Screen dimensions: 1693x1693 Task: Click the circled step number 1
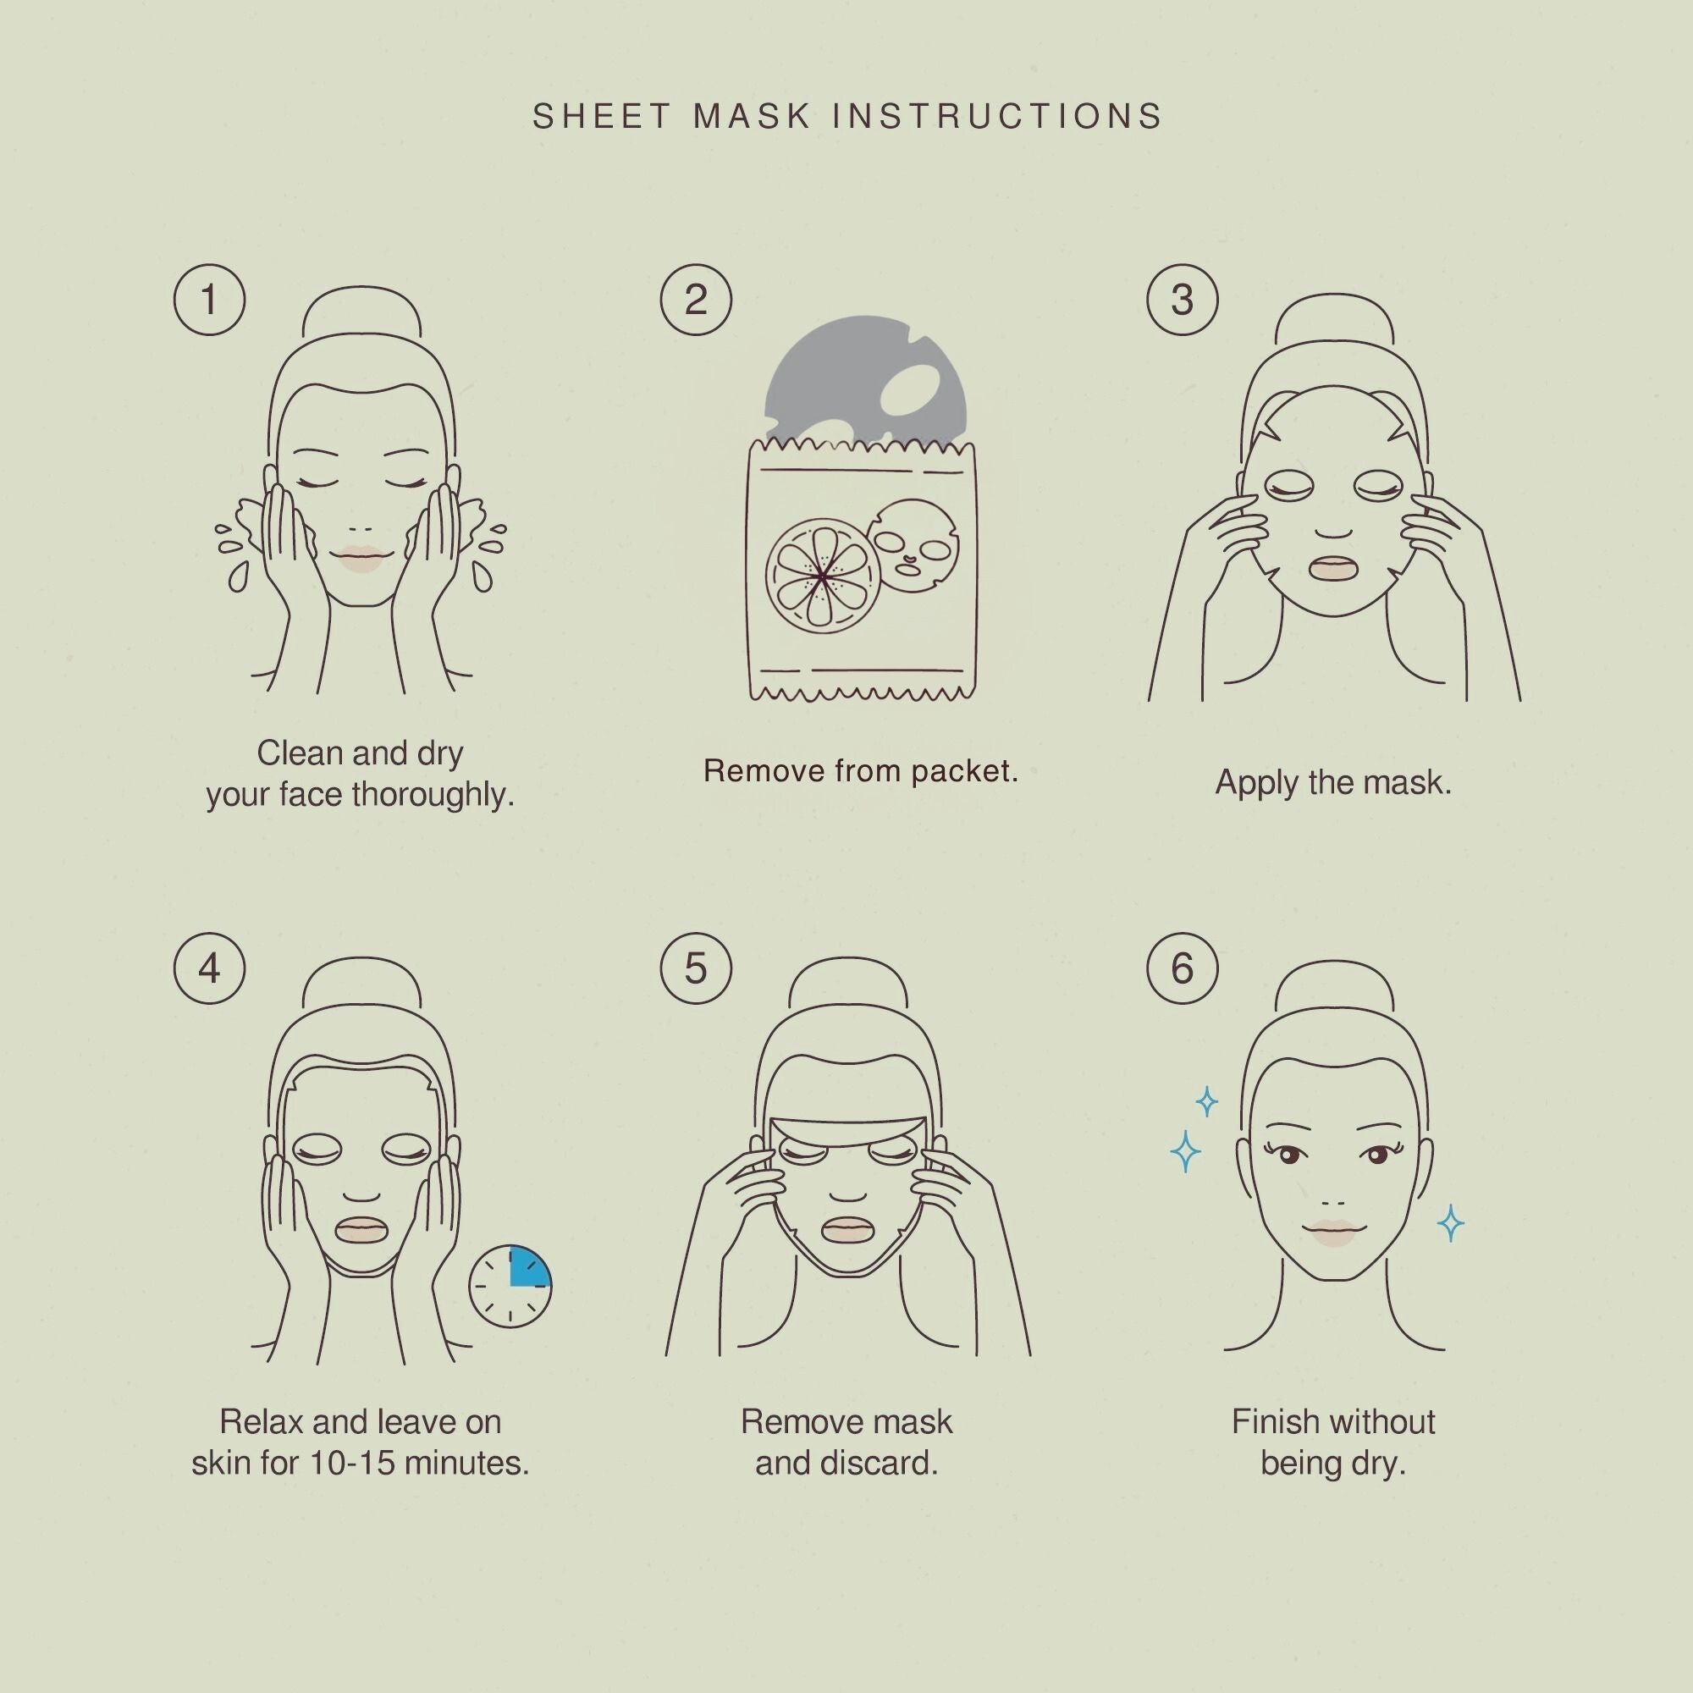tap(209, 300)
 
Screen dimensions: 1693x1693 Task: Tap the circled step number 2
tap(696, 300)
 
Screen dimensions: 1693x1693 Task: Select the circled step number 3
tap(1182, 300)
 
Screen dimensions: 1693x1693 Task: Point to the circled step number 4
tap(209, 968)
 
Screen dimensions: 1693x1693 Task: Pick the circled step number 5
tap(696, 968)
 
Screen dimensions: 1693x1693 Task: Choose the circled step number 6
tap(1182, 968)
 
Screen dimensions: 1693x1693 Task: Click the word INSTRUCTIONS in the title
tap(997, 117)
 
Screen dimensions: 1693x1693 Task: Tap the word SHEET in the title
tap(602, 117)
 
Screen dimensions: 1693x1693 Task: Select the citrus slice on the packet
tap(821, 576)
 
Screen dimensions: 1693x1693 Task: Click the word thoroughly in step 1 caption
tap(432, 795)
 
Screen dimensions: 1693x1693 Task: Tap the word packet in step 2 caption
tap(964, 771)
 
